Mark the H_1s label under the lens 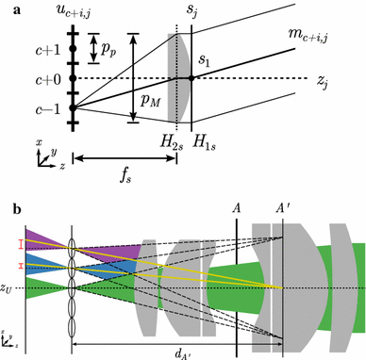[x=201, y=141]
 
